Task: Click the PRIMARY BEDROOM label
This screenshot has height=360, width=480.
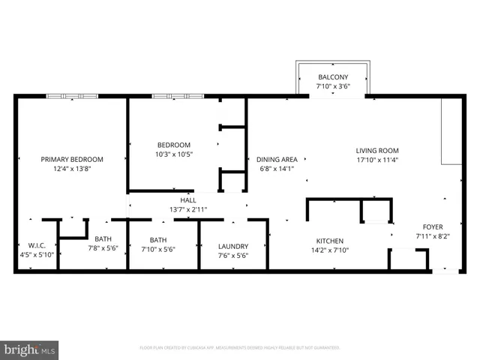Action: point(72,159)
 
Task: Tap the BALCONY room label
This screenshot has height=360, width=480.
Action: point(333,77)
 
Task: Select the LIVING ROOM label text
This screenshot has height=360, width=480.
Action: point(377,150)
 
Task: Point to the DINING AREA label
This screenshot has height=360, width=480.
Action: point(277,159)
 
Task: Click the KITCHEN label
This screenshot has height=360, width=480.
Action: point(329,241)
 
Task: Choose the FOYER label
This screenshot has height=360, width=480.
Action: point(433,226)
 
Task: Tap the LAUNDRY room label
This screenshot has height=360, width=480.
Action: point(232,246)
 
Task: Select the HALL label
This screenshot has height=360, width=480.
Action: point(188,200)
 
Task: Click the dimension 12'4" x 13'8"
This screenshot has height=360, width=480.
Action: point(72,169)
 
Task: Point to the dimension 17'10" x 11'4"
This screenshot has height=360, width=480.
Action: point(377,160)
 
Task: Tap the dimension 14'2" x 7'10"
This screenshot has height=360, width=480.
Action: point(329,250)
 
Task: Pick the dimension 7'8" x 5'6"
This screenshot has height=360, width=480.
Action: point(103,248)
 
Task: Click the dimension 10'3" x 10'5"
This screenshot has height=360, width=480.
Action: point(173,154)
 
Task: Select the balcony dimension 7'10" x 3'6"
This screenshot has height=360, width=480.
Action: point(333,87)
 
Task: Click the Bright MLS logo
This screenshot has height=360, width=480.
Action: point(30,349)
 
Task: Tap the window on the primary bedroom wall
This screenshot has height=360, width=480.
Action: point(72,96)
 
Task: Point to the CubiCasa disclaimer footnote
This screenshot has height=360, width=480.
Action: point(240,348)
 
